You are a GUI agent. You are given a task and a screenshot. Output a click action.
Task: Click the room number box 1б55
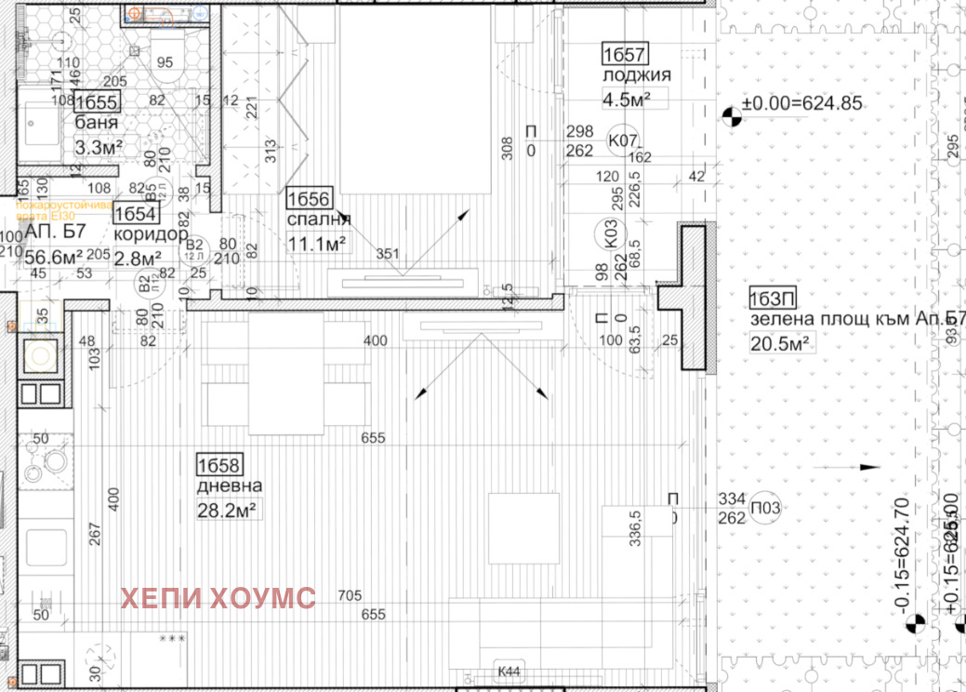point(96,102)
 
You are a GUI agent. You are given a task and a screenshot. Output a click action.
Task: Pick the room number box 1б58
point(219,464)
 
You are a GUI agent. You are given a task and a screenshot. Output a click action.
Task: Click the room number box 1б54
point(136,214)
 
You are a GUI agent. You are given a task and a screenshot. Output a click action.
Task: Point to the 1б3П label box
point(771,299)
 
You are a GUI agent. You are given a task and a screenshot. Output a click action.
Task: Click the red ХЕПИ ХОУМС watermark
point(218,597)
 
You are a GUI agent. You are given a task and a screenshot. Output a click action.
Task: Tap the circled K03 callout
point(609,233)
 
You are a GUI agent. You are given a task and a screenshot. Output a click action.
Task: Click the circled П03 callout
point(765,508)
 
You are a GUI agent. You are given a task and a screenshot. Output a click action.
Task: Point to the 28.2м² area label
point(226,510)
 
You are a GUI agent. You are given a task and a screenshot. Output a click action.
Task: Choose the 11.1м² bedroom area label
point(316,243)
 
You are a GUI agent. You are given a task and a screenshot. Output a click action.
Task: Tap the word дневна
point(229,486)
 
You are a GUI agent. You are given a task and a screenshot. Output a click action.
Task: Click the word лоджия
point(637,75)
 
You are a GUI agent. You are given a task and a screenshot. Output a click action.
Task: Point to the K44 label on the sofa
point(508,671)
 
